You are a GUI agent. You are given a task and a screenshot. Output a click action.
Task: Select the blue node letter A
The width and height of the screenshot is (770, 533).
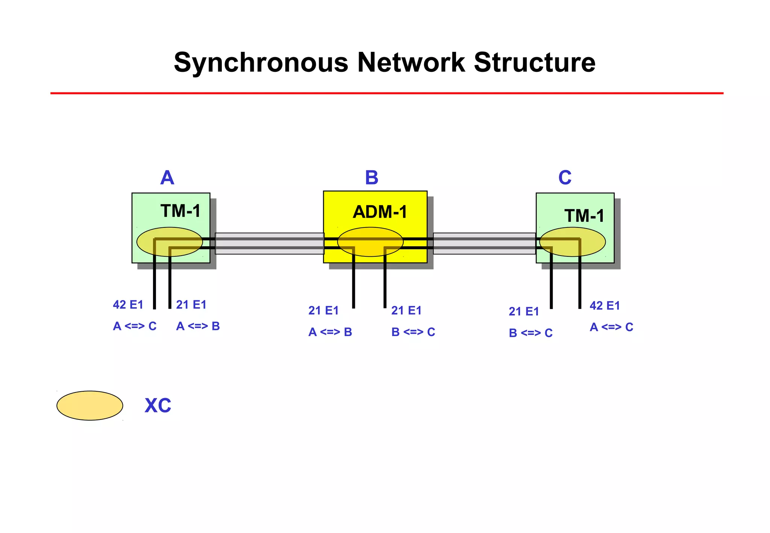point(167,178)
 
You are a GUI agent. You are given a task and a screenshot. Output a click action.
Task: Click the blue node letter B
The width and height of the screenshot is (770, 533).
point(371,178)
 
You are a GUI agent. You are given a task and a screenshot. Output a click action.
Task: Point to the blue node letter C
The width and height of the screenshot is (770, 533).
point(565,178)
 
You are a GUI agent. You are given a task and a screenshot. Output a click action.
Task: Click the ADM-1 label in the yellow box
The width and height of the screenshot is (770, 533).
point(380,212)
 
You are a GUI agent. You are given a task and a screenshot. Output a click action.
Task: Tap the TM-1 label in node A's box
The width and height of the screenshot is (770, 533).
point(180,211)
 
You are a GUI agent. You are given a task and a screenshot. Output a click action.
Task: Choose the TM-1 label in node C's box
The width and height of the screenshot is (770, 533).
point(584,216)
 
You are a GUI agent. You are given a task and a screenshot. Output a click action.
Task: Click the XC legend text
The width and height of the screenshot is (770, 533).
point(158,406)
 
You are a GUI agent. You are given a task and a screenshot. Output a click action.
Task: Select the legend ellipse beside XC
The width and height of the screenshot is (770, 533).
point(90,406)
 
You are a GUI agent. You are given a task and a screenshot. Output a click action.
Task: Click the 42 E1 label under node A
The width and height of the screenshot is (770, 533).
point(128,304)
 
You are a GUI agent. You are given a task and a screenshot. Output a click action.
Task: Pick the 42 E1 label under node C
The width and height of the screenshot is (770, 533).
point(605,306)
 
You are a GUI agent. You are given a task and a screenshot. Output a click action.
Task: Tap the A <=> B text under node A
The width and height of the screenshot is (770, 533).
point(198,326)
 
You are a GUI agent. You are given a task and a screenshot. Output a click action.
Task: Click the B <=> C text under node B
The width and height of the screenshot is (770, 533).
point(413,332)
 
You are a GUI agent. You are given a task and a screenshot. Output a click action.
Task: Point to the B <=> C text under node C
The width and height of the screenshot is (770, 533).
point(531,333)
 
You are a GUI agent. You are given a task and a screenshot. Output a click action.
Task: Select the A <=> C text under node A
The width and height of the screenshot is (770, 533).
point(135,326)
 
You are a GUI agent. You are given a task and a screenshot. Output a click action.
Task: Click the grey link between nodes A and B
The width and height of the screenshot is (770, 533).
point(269,244)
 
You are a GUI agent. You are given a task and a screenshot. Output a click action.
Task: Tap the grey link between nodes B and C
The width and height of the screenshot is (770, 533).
point(484,244)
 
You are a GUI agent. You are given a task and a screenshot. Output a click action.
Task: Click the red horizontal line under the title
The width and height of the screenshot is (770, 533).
point(387,93)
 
